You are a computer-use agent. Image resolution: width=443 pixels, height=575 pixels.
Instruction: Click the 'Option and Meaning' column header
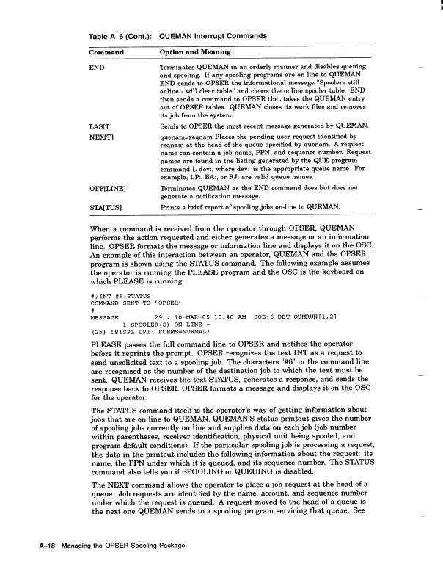click(195, 52)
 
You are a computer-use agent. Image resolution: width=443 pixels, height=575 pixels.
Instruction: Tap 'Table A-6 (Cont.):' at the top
click(119, 35)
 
